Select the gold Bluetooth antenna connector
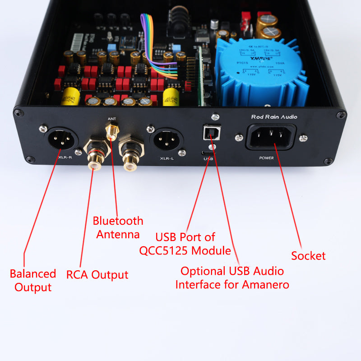pos(111,132)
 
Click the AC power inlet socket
pos(271,136)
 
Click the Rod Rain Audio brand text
pos(274,117)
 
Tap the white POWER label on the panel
pos(266,158)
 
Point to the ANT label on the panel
pos(111,119)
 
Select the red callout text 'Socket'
pos(308,256)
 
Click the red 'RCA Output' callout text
pos(97,275)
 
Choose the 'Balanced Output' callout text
pos(33,280)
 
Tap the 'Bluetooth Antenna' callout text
pos(118,227)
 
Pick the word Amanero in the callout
pos(263,285)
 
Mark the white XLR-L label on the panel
pos(168,158)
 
